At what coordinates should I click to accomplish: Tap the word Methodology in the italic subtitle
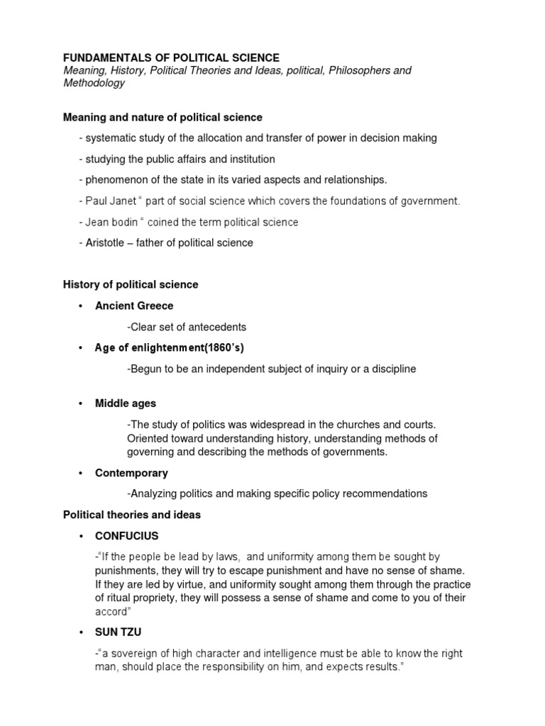(x=94, y=83)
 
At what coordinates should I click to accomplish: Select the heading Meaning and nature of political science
(x=163, y=117)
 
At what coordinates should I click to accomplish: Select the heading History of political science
(x=131, y=284)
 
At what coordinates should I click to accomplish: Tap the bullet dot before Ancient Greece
(x=81, y=306)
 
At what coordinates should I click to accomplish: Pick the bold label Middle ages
(x=126, y=403)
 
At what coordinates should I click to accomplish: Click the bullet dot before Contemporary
(x=81, y=473)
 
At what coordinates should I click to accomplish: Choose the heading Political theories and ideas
(x=132, y=515)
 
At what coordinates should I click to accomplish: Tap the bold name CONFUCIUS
(x=127, y=535)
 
